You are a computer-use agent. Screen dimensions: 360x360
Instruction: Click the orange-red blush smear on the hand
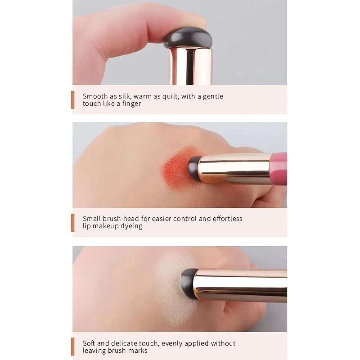click(x=177, y=167)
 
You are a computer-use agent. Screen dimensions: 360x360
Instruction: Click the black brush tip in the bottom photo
click(x=188, y=283)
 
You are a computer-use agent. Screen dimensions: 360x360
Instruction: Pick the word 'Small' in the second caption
click(x=92, y=219)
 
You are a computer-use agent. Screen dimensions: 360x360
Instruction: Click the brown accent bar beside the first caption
click(x=72, y=99)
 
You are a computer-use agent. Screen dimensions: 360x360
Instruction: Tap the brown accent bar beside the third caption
click(x=72, y=346)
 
